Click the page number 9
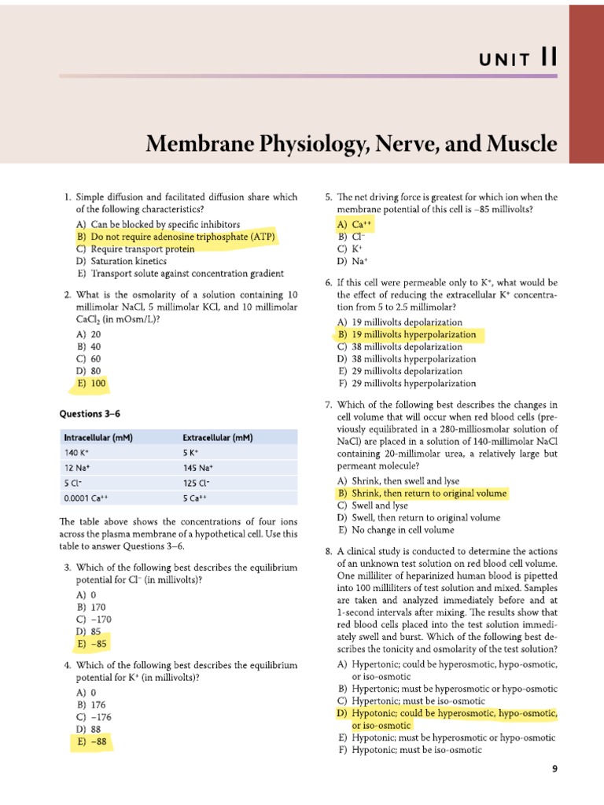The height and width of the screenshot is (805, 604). click(555, 770)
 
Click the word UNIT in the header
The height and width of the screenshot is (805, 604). click(507, 60)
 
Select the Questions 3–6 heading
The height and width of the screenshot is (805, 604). click(90, 413)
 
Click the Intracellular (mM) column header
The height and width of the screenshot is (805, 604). click(98, 437)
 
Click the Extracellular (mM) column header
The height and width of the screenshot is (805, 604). click(218, 437)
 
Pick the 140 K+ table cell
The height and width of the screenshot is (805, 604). click(78, 453)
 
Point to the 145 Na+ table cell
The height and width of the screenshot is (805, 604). click(198, 468)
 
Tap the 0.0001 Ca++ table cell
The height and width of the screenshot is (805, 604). click(86, 498)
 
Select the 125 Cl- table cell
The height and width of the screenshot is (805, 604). click(197, 483)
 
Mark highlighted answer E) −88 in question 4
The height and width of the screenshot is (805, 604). click(90, 741)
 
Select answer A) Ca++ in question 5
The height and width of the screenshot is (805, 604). click(354, 224)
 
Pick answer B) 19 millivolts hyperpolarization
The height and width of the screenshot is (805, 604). click(407, 334)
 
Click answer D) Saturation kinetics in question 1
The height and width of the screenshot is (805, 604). click(121, 261)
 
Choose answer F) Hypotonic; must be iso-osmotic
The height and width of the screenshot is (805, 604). click(408, 750)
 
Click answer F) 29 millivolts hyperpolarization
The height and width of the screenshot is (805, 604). click(406, 383)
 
